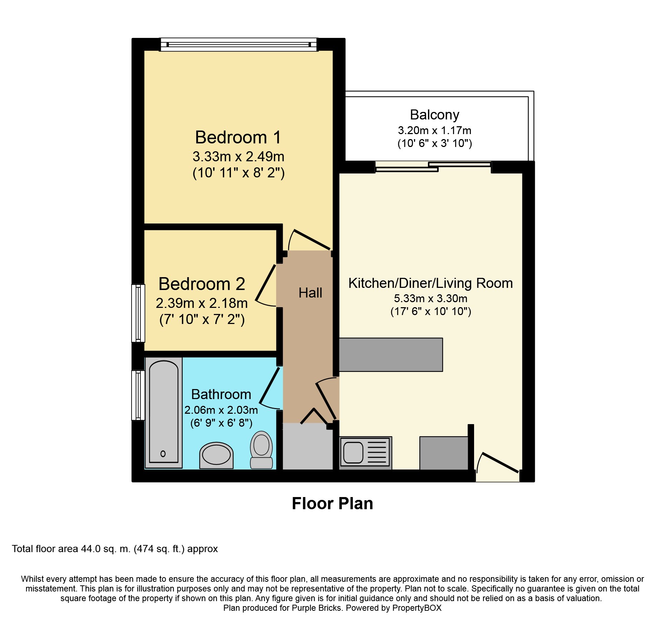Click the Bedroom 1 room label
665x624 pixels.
pyautogui.click(x=238, y=137)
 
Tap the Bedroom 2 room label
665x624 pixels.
pyautogui.click(x=202, y=284)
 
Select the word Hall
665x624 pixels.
pyautogui.click(x=310, y=293)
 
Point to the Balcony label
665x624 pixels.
pyautogui.click(x=434, y=115)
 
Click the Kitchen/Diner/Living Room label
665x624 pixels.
pyautogui.click(x=430, y=283)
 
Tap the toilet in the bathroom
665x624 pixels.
pyautogui.click(x=261, y=450)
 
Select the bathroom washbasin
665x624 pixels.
pyautogui.click(x=216, y=455)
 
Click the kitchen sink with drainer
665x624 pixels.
pyautogui.click(x=365, y=452)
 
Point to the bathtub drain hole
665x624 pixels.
pyautogui.click(x=163, y=454)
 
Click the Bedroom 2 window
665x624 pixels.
pyautogui.click(x=138, y=313)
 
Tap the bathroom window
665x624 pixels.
pyautogui.click(x=138, y=395)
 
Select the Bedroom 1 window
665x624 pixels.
pyautogui.click(x=238, y=45)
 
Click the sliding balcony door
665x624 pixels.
pyautogui.click(x=433, y=167)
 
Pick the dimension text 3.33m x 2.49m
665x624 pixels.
pyautogui.click(x=238, y=157)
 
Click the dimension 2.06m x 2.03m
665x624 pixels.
pyautogui.click(x=221, y=410)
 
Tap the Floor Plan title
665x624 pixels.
pyautogui.click(x=332, y=503)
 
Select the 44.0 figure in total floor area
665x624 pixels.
pyautogui.click(x=91, y=549)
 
